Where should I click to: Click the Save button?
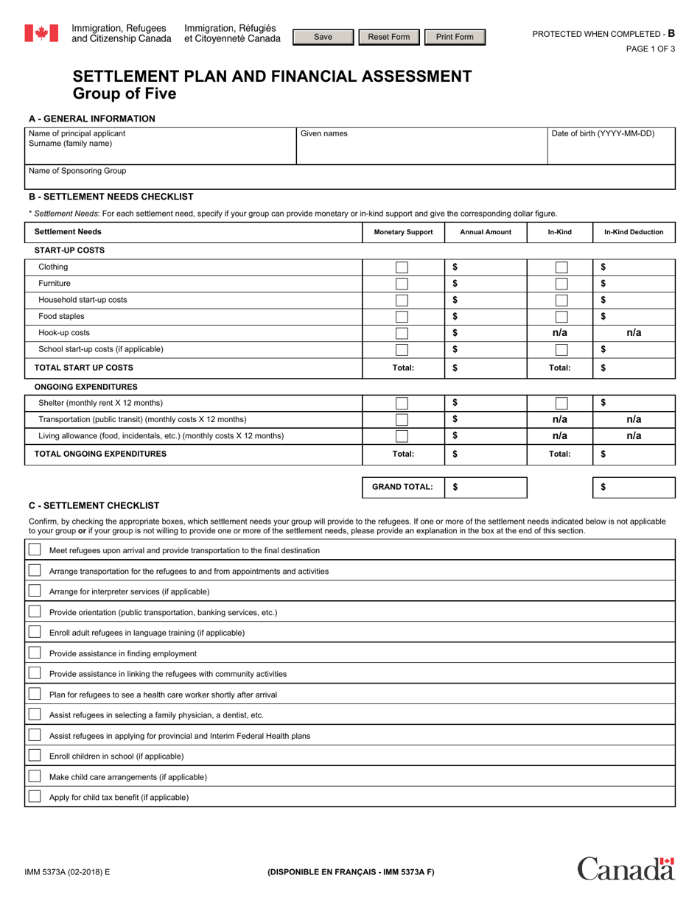[323, 37]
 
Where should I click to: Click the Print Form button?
[455, 37]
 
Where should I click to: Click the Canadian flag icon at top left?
[41, 33]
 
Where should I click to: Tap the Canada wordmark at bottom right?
[626, 869]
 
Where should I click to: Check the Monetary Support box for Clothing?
[402, 267]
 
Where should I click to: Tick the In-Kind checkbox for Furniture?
[561, 284]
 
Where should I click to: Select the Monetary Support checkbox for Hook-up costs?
[402, 333]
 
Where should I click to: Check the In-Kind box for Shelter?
[561, 403]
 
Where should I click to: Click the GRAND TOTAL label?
[402, 487]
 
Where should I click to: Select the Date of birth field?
[611, 147]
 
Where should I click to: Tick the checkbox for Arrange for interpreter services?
[35, 591]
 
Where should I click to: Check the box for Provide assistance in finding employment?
[35, 653]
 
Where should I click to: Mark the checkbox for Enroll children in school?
[35, 756]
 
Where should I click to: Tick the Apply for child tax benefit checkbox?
[35, 797]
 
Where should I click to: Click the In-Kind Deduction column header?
[633, 232]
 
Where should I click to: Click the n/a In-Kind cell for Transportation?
[559, 419]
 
